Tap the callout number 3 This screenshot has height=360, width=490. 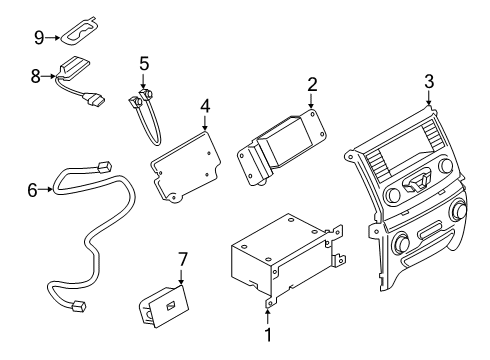pyautogui.click(x=429, y=81)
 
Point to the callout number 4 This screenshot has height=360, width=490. pyautogui.click(x=204, y=106)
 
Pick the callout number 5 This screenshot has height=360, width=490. pyautogui.click(x=144, y=64)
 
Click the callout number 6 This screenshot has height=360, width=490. pyautogui.click(x=31, y=189)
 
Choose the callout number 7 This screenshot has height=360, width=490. pyautogui.click(x=182, y=260)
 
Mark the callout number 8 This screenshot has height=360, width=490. pyautogui.click(x=36, y=74)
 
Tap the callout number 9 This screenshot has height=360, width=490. pyautogui.click(x=39, y=38)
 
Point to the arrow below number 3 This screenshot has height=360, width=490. pyautogui.click(x=429, y=100)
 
